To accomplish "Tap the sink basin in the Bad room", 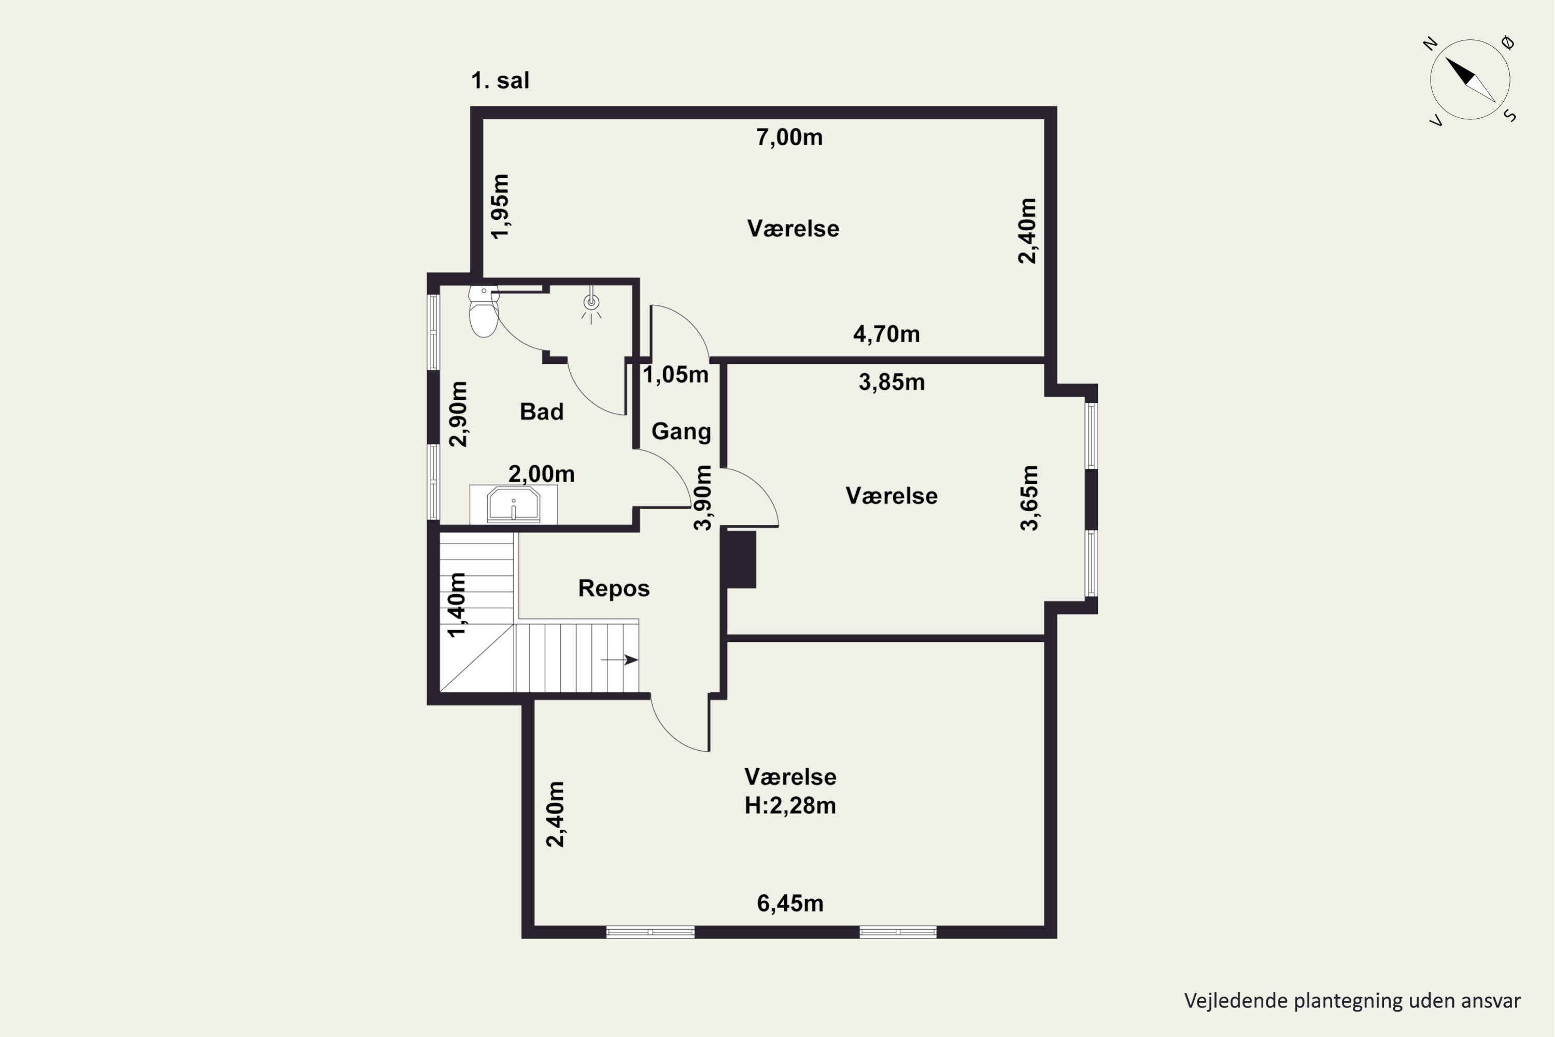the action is pyautogui.click(x=514, y=505).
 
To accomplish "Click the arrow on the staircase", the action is pyautogui.click(x=619, y=660).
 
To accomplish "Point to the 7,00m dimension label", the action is pyautogui.click(x=789, y=137).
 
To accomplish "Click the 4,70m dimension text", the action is pyautogui.click(x=886, y=334).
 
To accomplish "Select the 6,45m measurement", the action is pyautogui.click(x=790, y=903).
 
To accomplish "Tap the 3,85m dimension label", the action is pyautogui.click(x=891, y=382).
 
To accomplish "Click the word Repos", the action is pyautogui.click(x=614, y=588).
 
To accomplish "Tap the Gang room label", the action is pyautogui.click(x=681, y=431).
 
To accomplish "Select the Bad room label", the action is pyautogui.click(x=542, y=411).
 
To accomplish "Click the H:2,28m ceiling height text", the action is pyautogui.click(x=790, y=806).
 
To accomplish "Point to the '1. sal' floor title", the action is pyautogui.click(x=500, y=81).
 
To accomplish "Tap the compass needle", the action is pyautogui.click(x=1469, y=79).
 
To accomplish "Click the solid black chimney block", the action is pyautogui.click(x=741, y=559).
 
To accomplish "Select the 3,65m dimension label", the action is pyautogui.click(x=1029, y=498).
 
